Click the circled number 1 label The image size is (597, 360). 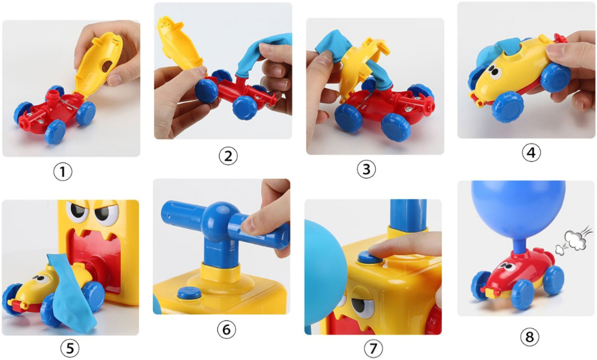pos(63,172)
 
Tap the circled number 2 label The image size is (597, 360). pos(228,156)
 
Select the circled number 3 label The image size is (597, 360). pos(366,169)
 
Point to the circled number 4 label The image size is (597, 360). pos(531,153)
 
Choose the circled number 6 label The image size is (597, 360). pos(226,330)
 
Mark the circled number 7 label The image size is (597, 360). pos(373,348)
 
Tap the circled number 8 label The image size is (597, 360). pos(529,337)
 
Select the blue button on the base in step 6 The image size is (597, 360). pos(189,293)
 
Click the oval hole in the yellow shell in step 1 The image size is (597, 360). pos(107,66)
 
